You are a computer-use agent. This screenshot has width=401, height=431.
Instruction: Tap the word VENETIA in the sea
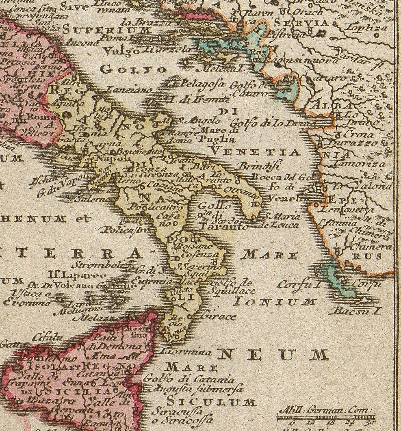(257, 152)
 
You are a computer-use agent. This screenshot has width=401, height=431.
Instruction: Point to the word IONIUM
(275, 302)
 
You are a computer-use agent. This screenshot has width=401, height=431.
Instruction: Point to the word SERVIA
(301, 23)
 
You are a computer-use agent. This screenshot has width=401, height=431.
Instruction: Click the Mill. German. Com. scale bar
(325, 415)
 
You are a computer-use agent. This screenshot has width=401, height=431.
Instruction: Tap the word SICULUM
(211, 402)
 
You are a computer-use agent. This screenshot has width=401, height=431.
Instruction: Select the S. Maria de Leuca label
(283, 220)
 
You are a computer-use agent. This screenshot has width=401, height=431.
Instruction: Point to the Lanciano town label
(130, 90)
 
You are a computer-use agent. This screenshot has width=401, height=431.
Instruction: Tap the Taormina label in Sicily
(186, 352)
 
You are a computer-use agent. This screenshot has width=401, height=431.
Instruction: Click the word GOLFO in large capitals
(133, 69)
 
